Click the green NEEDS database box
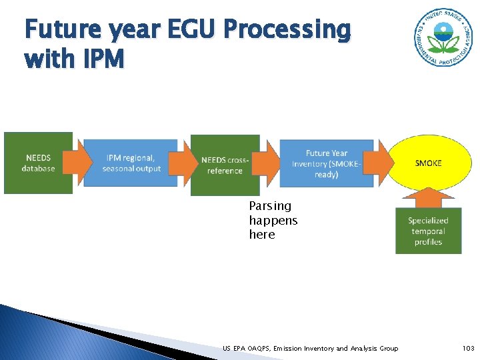(38, 163)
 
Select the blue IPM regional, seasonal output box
(131, 163)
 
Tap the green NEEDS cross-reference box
(225, 165)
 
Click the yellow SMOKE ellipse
(428, 162)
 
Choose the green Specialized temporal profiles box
(428, 231)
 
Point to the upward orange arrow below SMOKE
(428, 197)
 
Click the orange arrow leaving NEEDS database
(85, 163)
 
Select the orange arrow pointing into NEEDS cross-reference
(185, 163)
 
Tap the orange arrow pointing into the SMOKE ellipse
(385, 163)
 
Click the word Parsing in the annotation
(270, 206)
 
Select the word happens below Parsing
(273, 220)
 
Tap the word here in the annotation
(262, 234)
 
